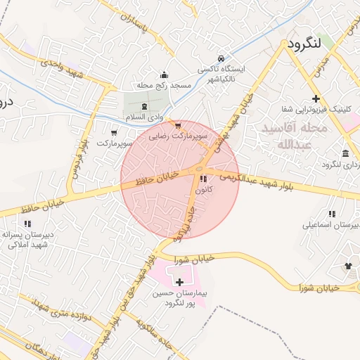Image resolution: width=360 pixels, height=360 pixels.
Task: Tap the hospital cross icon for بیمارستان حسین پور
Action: [x=180, y=281]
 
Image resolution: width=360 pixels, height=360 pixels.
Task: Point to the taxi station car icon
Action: [x=221, y=58]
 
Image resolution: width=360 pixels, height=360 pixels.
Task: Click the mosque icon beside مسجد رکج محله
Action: [x=165, y=75]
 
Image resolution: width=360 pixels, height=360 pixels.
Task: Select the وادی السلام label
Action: [x=144, y=115]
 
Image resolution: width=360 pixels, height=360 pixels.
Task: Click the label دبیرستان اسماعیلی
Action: [x=330, y=225]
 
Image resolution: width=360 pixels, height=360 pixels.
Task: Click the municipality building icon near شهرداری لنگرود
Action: [x=345, y=153]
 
